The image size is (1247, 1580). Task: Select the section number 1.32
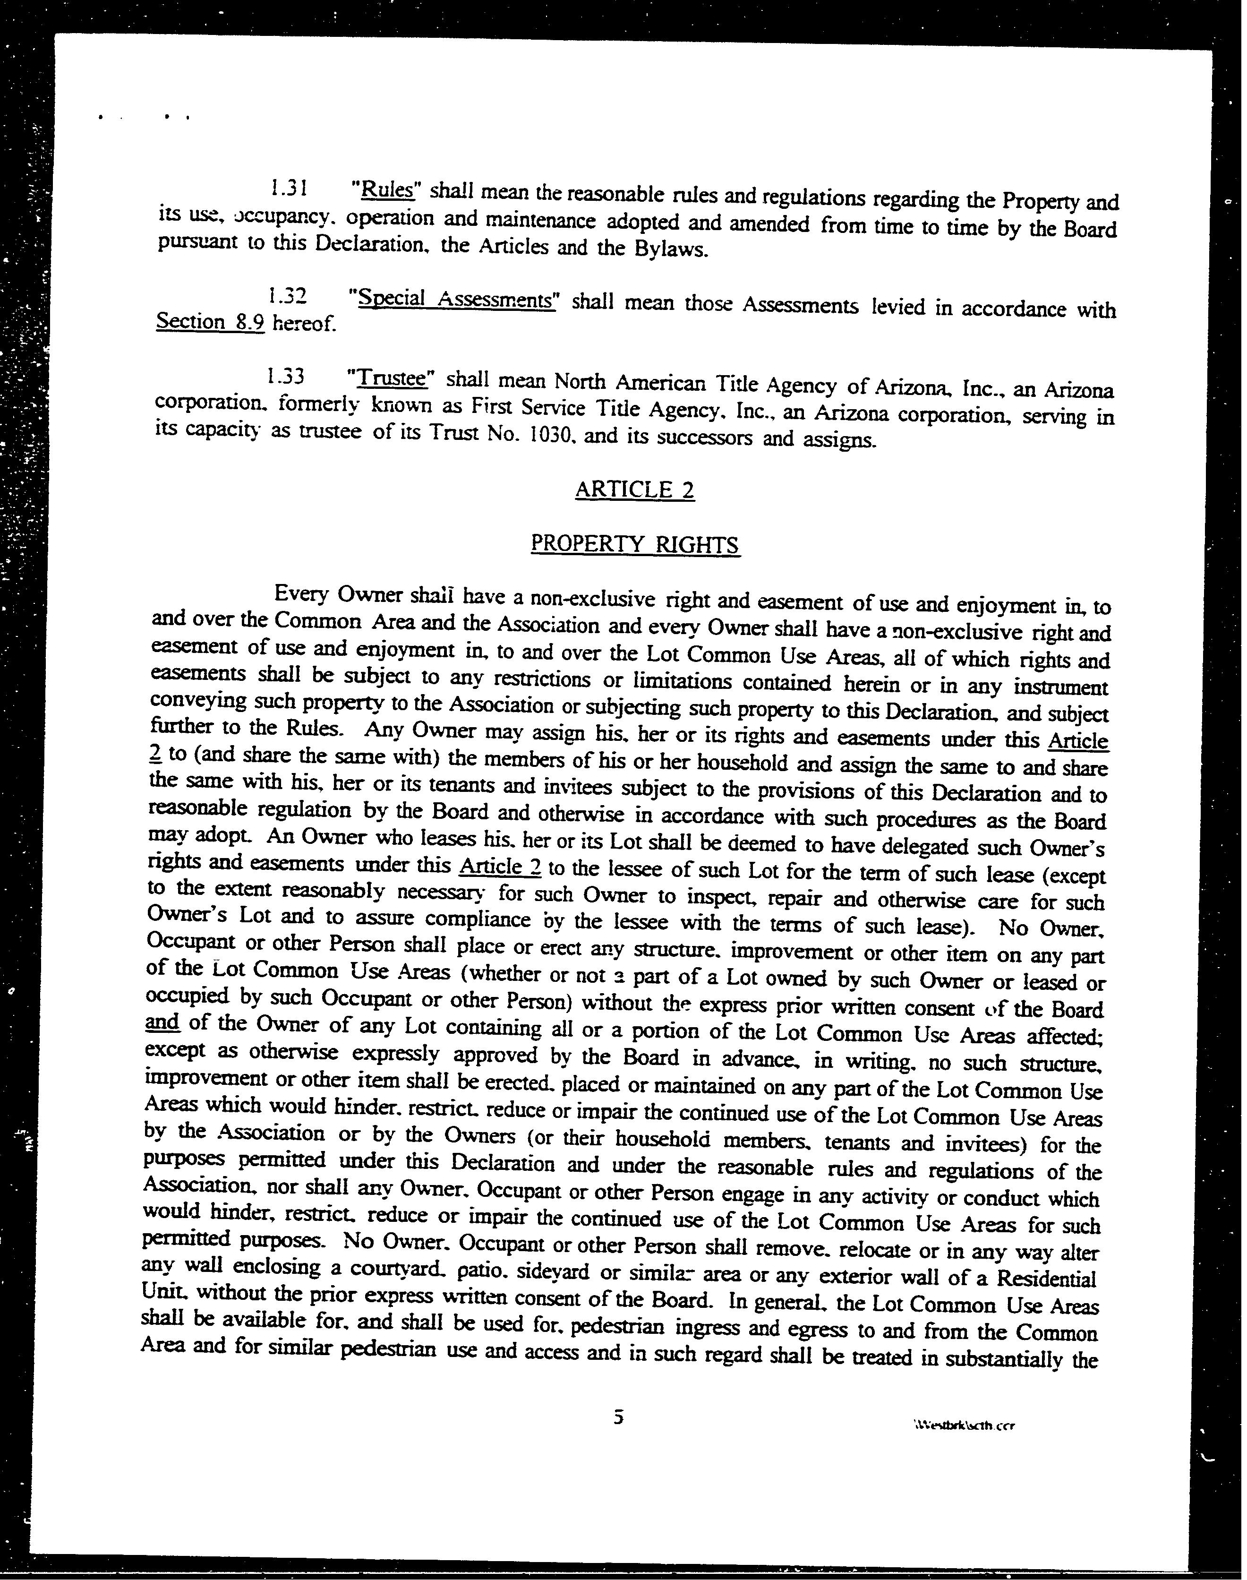point(285,296)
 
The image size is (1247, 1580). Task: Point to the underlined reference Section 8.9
point(210,322)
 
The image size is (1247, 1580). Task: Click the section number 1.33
point(285,377)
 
